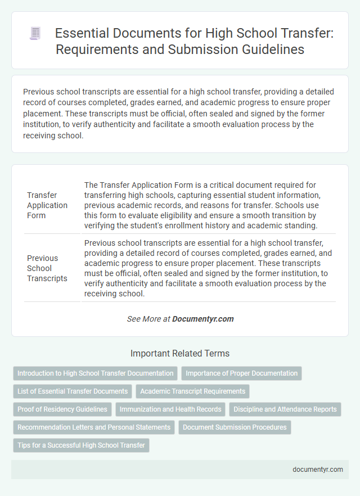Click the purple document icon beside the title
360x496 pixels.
pyautogui.click(x=34, y=34)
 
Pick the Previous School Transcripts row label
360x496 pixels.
pyautogui.click(x=48, y=268)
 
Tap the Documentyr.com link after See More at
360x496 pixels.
pyautogui.click(x=202, y=319)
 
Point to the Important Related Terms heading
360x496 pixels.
pyautogui.click(x=179, y=354)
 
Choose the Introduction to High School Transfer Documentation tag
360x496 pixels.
pyautogui.click(x=96, y=373)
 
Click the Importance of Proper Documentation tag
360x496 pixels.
pyautogui.click(x=242, y=373)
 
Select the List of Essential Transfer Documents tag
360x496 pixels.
pyautogui.click(x=72, y=391)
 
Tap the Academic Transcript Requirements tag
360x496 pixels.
pyautogui.click(x=192, y=391)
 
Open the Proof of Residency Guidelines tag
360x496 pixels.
pyautogui.click(x=62, y=409)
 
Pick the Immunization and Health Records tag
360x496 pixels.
pyautogui.click(x=170, y=409)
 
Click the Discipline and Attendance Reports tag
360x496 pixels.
pyautogui.click(x=285, y=409)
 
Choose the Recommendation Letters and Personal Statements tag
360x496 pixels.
pyautogui.click(x=94, y=427)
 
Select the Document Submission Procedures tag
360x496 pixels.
pyautogui.click(x=235, y=427)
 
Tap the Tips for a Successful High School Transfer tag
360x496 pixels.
pyautogui.click(x=81, y=445)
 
